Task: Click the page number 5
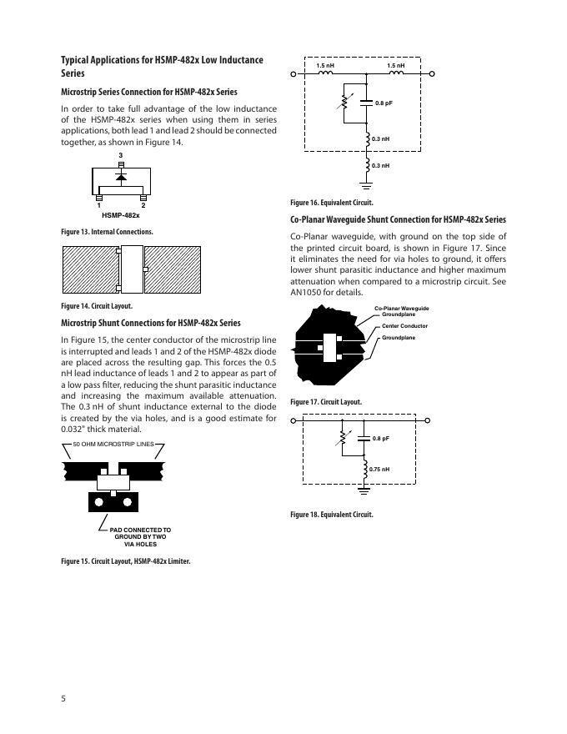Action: coord(63,697)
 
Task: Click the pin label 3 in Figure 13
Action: coord(121,156)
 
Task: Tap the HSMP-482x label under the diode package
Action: coord(121,215)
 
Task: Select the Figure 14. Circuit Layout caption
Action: coord(97,305)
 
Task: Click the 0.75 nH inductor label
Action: coord(380,470)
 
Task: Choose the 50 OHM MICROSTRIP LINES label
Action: coord(113,443)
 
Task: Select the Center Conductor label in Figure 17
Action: coord(404,325)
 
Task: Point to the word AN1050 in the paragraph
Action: coord(305,293)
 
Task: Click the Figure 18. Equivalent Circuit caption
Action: coord(332,515)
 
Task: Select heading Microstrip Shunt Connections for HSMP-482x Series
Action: coord(151,323)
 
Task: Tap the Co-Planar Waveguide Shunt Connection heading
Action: coord(398,220)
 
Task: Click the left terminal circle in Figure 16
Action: coord(294,74)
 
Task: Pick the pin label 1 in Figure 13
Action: coord(98,205)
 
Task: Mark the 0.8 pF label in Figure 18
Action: coord(381,439)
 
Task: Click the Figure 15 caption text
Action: coord(126,561)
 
